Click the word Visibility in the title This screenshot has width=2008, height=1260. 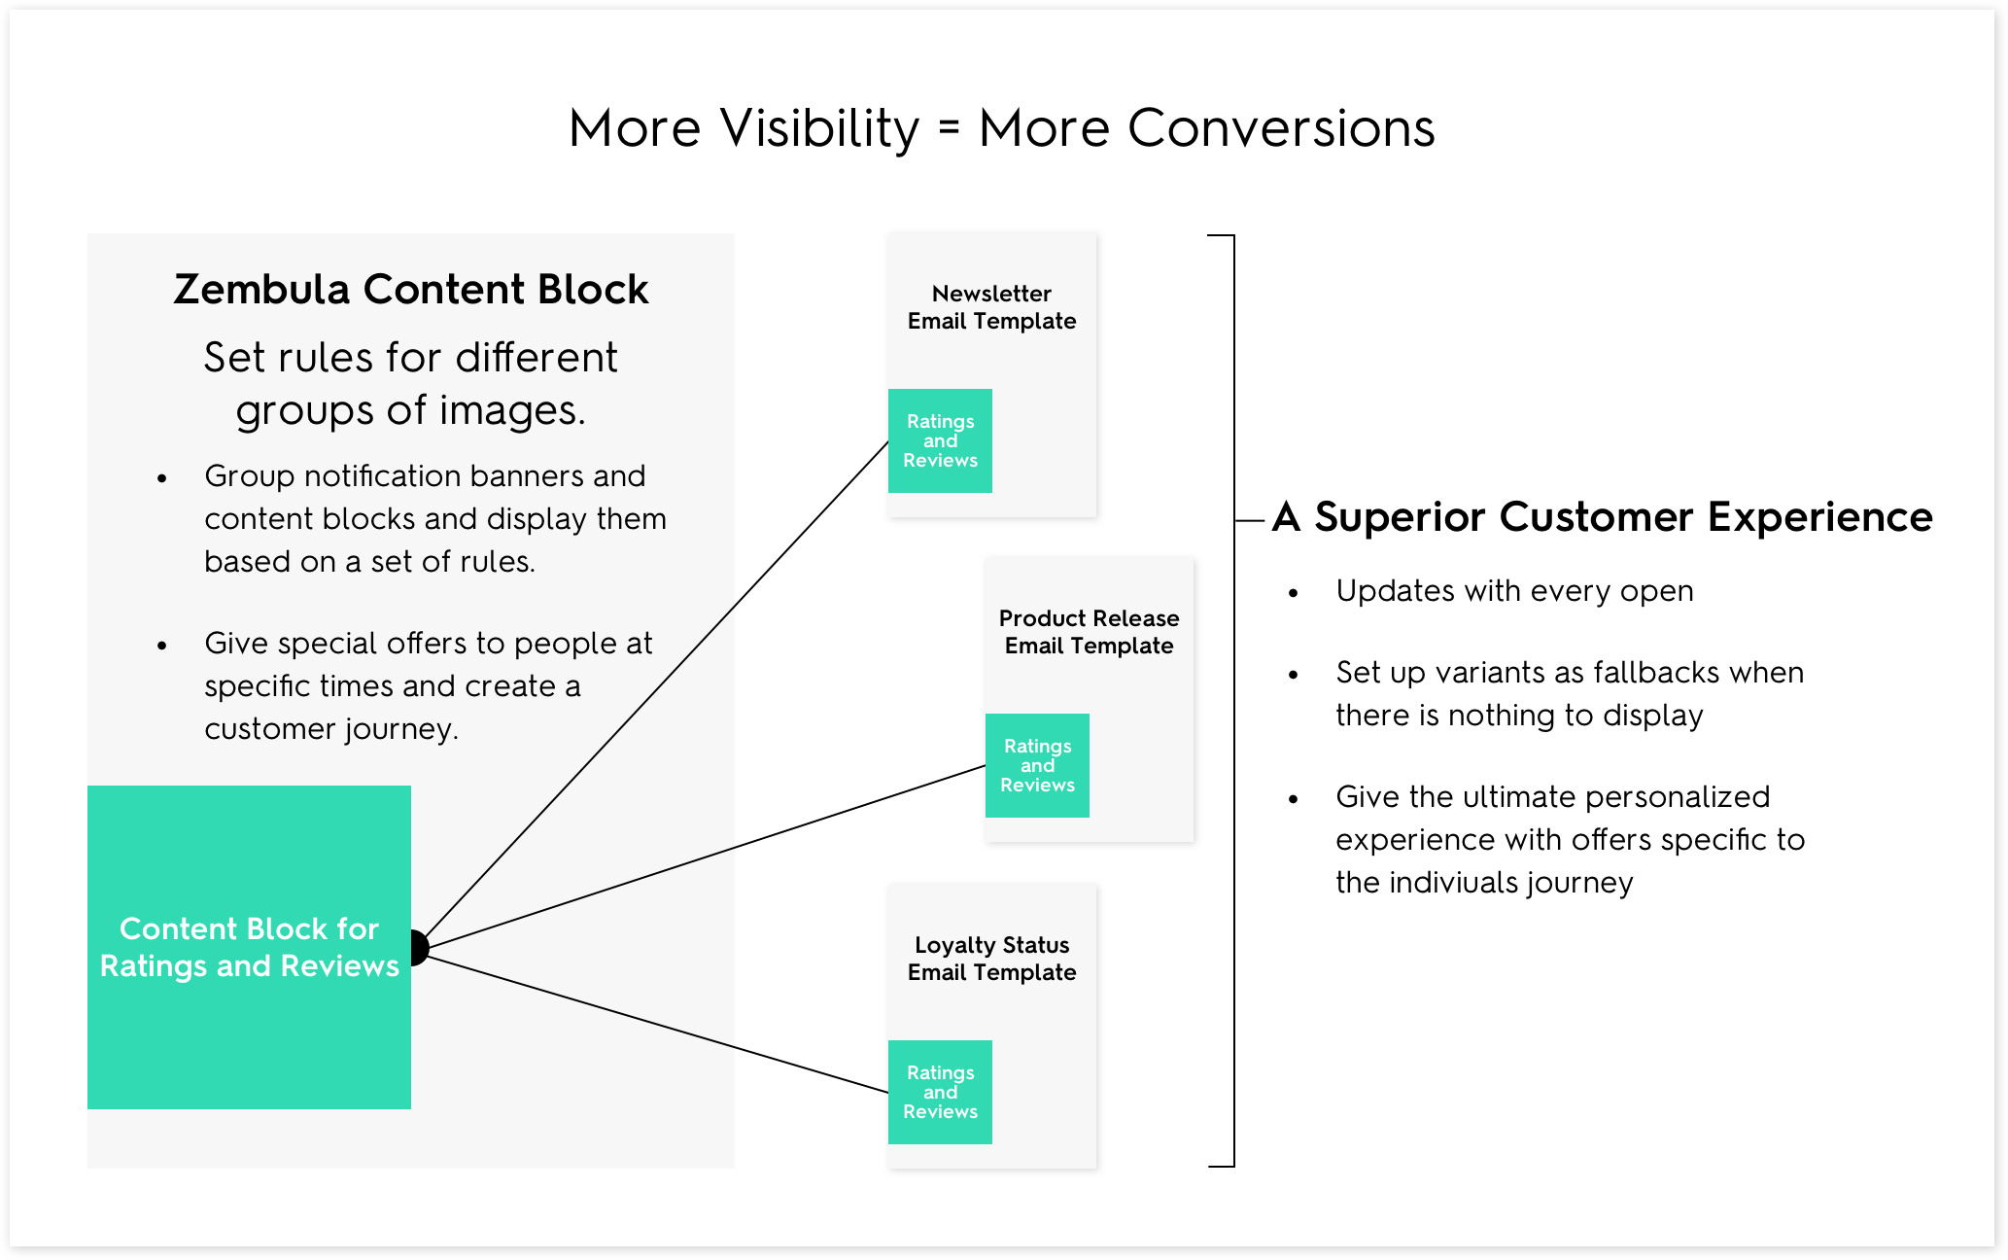pos(819,128)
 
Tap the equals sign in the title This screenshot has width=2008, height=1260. pos(950,127)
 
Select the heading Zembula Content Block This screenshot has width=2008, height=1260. pos(411,289)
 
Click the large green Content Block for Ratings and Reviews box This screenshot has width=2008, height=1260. pos(249,947)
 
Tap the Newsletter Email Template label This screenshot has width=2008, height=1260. pos(991,307)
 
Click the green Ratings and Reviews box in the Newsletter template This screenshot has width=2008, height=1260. pos(940,440)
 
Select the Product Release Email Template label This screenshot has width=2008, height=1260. pos(1089,632)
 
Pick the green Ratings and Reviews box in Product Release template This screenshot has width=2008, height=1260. pos(1037,765)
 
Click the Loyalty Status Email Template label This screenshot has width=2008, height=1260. pos(991,959)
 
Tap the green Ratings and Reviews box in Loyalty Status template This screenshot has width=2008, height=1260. pos(940,1092)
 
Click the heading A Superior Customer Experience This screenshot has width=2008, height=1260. pos(1603,516)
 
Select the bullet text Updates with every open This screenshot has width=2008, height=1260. pos(1514,591)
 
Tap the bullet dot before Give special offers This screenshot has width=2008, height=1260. pos(162,646)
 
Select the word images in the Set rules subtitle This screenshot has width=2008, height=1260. pos(512,411)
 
